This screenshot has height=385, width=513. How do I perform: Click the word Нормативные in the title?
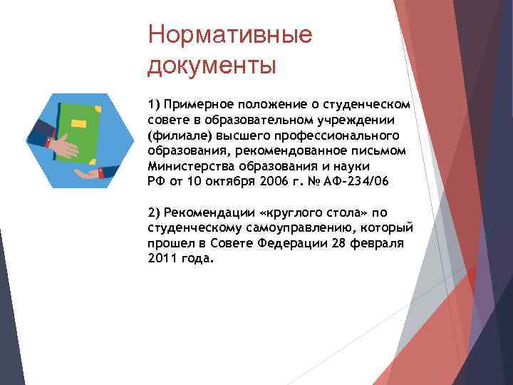(229, 35)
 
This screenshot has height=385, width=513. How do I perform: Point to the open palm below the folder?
(88, 173)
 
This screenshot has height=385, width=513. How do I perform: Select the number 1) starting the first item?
(154, 105)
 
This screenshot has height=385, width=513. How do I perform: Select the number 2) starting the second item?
(155, 212)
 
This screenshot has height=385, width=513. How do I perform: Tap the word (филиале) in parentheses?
(175, 135)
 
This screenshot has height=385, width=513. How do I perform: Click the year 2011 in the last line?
(162, 258)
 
